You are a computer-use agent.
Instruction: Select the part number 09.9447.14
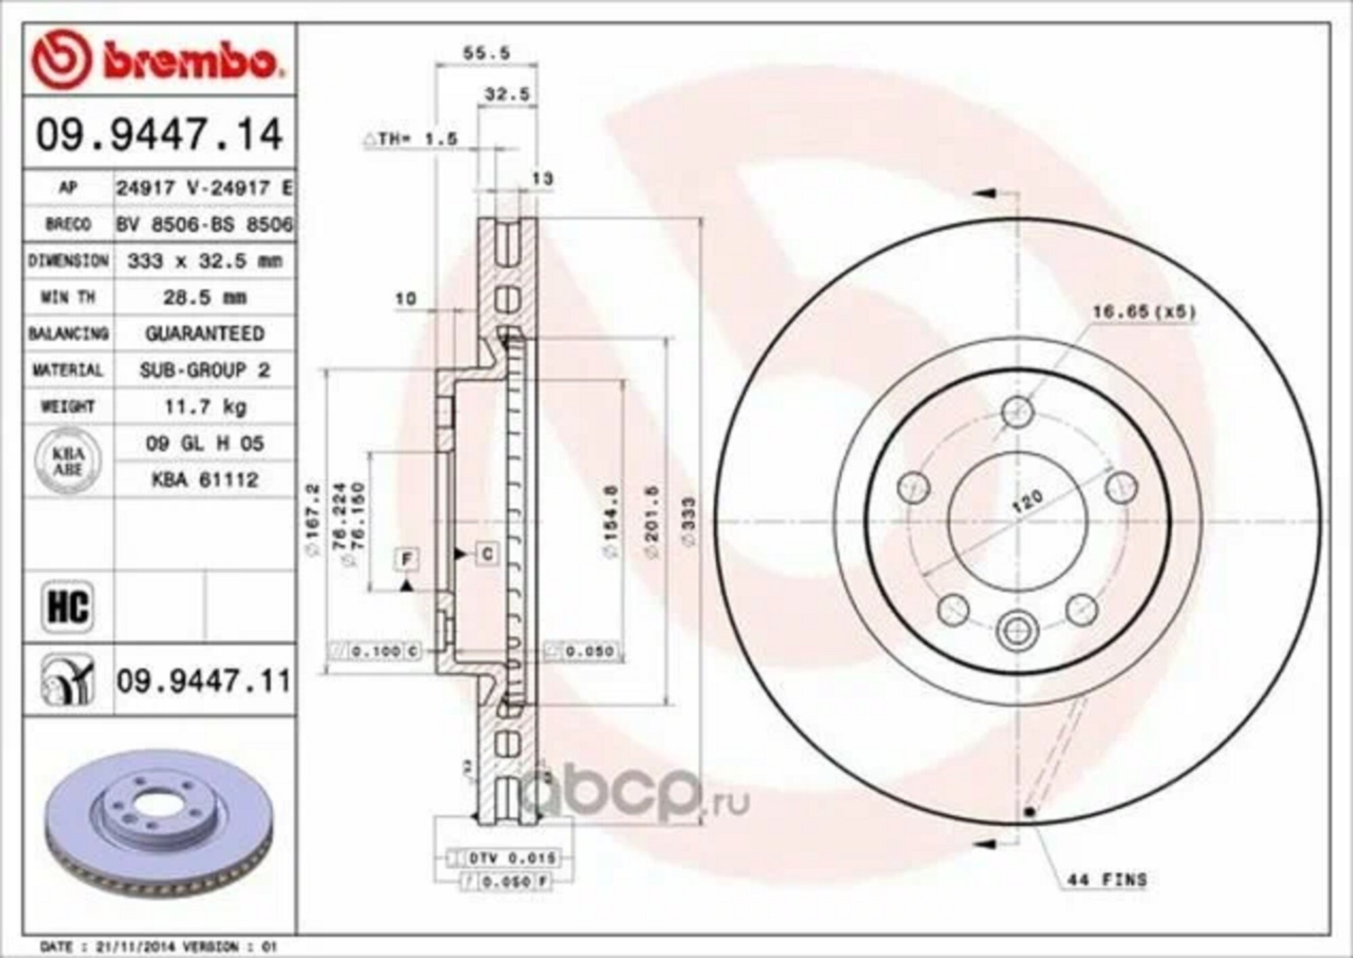tap(159, 135)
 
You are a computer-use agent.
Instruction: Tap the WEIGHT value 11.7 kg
tap(206, 407)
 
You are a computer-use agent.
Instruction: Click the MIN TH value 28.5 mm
tap(206, 297)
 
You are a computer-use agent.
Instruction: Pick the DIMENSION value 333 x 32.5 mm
tap(206, 261)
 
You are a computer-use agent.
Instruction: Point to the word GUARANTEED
tap(206, 334)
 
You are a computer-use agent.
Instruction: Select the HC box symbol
tap(68, 606)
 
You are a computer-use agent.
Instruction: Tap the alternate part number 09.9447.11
tap(204, 681)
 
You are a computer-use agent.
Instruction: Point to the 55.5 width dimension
tap(486, 53)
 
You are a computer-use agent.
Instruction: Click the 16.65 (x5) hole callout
tap(1143, 312)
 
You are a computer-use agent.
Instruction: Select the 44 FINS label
tap(1107, 880)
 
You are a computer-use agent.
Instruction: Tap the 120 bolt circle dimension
tap(1029, 502)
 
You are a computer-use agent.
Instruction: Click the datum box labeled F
tap(407, 559)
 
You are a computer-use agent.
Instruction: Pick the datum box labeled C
tap(486, 554)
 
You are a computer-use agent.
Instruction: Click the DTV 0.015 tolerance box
tap(512, 858)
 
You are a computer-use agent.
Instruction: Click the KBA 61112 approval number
tap(206, 480)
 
